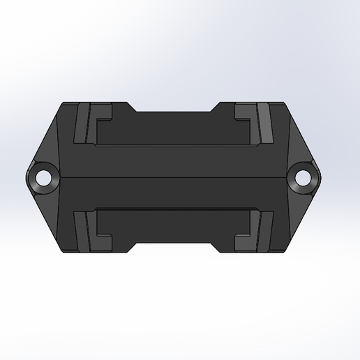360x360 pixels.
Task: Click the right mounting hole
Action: tap(303, 177)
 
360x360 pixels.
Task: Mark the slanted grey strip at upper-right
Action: tap(266, 123)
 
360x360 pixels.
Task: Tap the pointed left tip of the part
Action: tap(28, 177)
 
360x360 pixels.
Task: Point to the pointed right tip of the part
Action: tap(322, 177)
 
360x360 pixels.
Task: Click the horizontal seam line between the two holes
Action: tap(174, 177)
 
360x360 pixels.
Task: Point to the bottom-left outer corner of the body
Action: tap(63, 251)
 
